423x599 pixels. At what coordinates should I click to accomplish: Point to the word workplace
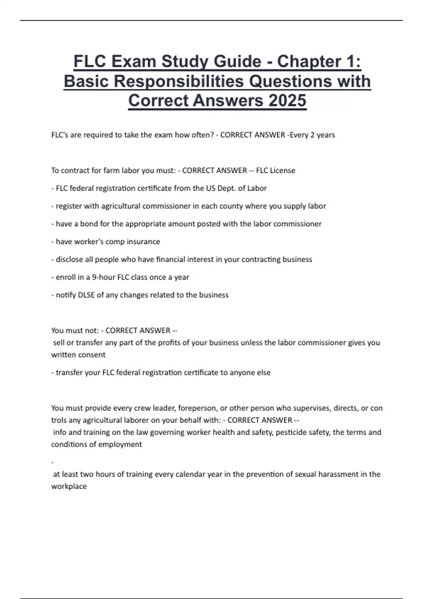[69, 487]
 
